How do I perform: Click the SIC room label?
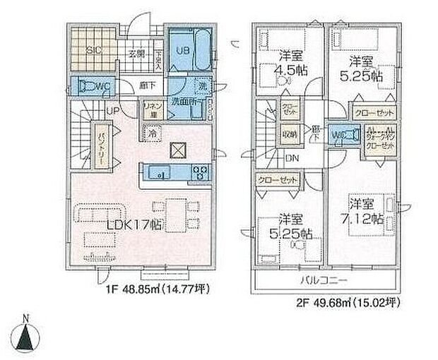click(93, 51)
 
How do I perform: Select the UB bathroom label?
click(182, 51)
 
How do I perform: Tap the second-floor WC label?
click(338, 135)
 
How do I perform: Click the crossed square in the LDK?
click(177, 152)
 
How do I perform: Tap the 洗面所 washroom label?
click(184, 101)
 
